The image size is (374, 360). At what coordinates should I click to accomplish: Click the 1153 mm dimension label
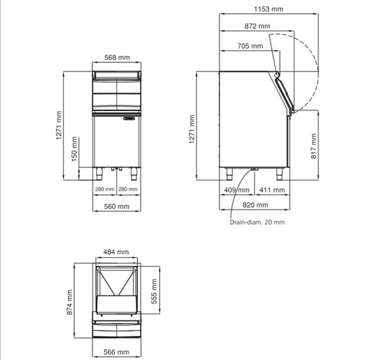269,9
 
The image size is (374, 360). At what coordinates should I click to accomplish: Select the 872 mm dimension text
257,26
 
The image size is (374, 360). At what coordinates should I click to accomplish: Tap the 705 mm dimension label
250,46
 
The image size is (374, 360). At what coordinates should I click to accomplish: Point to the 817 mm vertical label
314,146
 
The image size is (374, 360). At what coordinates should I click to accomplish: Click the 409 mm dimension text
237,190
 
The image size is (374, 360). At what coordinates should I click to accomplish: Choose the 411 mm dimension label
272,190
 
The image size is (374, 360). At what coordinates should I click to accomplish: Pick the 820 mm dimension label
255,205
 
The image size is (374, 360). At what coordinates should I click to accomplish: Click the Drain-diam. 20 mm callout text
257,222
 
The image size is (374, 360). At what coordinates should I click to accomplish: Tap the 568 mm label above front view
117,58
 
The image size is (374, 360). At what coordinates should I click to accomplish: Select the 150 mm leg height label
75,149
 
